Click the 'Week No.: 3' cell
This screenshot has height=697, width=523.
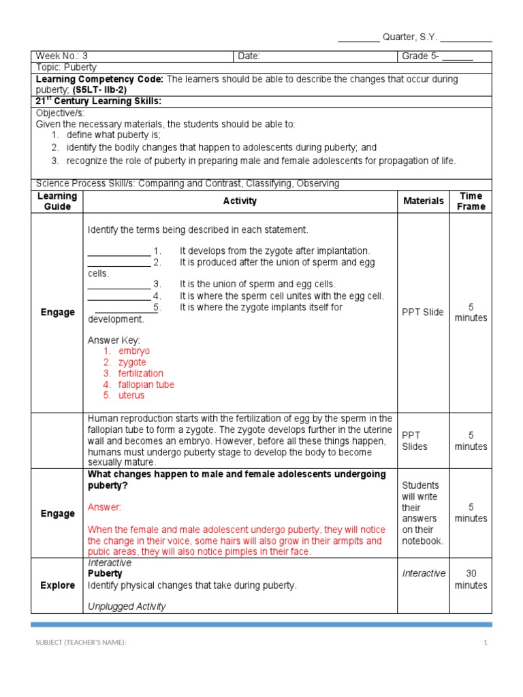click(62, 56)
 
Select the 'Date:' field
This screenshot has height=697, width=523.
click(249, 56)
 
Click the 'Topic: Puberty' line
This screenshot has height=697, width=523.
click(66, 67)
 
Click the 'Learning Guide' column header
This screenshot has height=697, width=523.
click(57, 201)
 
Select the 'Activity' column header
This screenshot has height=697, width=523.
click(240, 201)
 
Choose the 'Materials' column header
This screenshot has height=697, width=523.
click(424, 201)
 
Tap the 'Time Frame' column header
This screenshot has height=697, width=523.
click(471, 201)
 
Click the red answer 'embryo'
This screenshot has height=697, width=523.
click(133, 351)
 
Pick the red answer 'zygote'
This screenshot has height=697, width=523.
click(132, 362)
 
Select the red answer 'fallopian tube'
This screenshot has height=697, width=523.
click(146, 385)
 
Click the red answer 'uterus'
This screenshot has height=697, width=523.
click(131, 395)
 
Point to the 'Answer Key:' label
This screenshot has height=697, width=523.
click(114, 340)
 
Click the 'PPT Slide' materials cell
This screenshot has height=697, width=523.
click(423, 312)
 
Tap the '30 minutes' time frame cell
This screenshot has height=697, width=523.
click(471, 579)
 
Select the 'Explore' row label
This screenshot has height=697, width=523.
click(57, 585)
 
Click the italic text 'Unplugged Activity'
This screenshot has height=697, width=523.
click(127, 606)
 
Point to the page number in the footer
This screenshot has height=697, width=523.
click(486, 643)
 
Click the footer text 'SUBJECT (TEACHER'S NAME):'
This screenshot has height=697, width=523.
click(81, 643)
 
